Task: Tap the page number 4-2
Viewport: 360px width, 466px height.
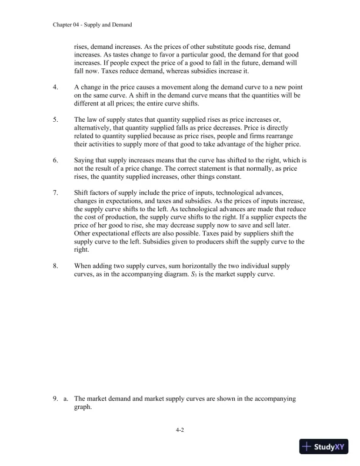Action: pyautogui.click(x=181, y=431)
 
